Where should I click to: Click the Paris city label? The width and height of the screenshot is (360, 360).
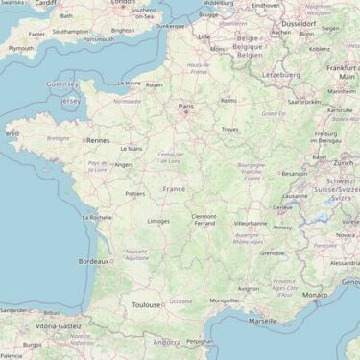point(186,107)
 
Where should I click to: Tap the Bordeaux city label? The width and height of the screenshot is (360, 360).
point(93,261)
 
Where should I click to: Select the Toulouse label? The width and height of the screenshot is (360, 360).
point(147,305)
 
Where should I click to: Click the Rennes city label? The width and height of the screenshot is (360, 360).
point(98,140)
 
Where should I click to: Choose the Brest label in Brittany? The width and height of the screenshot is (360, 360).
point(12,134)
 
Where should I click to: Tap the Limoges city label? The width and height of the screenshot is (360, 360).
point(158,221)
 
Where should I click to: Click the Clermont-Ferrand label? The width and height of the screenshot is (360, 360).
point(204,220)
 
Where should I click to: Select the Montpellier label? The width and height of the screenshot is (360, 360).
point(224,300)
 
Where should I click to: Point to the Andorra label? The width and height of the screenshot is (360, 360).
point(167,341)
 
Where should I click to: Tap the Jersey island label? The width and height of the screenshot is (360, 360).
point(70,100)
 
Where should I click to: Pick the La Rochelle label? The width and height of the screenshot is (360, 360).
point(97,217)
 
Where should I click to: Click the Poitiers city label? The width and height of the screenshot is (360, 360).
point(134,193)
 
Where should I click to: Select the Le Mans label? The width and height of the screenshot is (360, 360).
point(131,149)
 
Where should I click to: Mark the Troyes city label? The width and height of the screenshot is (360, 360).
point(229,129)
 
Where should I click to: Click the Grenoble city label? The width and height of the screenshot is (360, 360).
point(273,253)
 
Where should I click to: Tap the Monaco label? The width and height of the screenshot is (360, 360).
point(315,295)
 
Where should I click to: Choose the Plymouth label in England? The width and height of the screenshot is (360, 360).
point(20,48)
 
